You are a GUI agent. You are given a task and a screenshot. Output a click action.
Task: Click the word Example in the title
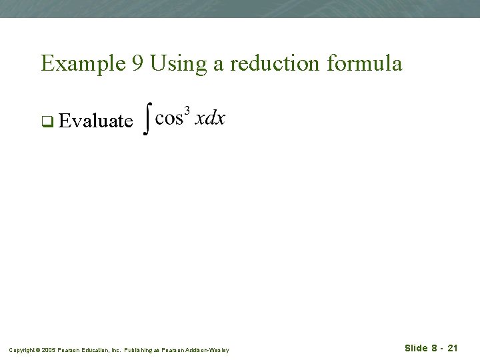coord(79,64)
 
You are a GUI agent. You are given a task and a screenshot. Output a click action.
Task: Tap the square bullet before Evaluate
coord(47,121)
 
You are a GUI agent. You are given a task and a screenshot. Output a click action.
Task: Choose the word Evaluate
coord(95,121)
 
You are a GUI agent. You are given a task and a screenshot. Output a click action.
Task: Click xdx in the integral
coord(210,119)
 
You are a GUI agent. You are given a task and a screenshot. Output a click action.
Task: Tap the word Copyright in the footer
coord(20,349)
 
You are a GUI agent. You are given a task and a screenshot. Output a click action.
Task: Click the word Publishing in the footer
coord(139,349)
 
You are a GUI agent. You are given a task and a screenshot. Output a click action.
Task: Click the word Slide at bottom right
coord(416,348)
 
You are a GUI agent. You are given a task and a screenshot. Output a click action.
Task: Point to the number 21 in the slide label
coord(453,348)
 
